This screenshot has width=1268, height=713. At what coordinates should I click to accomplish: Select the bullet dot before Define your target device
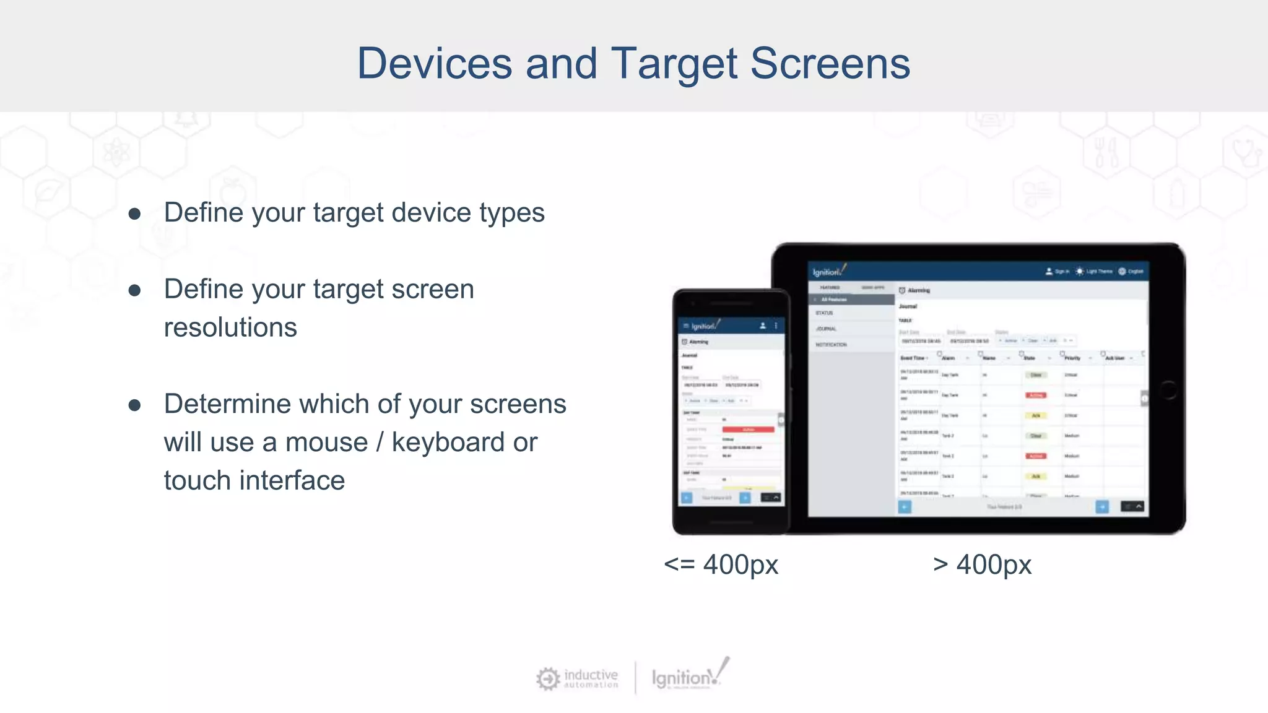tap(134, 214)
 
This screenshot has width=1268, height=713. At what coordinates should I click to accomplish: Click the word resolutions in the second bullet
tap(230, 327)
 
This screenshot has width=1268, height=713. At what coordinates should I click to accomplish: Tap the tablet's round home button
tap(1168, 390)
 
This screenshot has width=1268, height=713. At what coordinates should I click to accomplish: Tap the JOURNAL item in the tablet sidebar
tap(827, 329)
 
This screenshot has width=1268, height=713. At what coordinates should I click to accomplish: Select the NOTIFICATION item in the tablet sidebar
tap(831, 345)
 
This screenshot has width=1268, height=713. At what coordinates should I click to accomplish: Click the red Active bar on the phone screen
tap(748, 430)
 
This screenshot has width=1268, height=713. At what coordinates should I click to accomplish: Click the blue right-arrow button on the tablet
tap(1102, 507)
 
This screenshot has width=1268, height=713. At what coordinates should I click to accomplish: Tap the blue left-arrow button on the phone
tap(687, 498)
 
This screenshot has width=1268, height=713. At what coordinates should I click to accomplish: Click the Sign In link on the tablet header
tap(1058, 272)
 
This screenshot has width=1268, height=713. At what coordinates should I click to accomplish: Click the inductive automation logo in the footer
tap(577, 678)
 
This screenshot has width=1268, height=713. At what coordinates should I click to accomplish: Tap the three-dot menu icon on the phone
tap(776, 326)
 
